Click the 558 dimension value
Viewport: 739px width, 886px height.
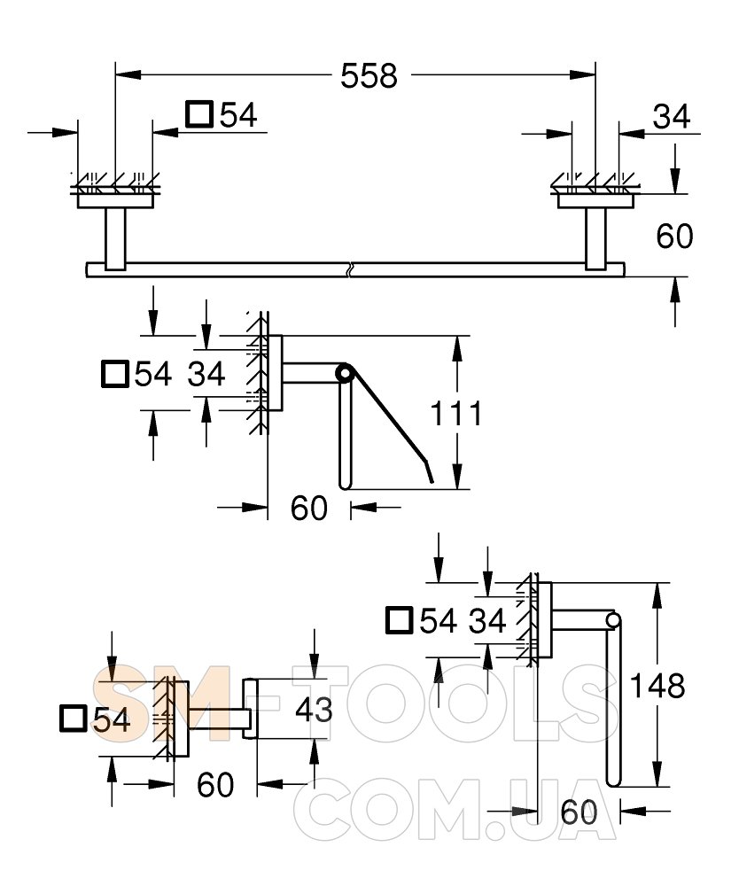point(369,76)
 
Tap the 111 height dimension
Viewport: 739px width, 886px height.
point(455,413)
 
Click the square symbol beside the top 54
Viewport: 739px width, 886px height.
point(198,114)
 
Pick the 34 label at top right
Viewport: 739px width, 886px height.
point(671,115)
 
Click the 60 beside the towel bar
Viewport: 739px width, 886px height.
point(674,236)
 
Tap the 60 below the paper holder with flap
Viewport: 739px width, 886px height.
point(309,509)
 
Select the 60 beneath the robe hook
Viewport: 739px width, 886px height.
point(214,784)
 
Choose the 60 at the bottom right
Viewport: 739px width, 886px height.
point(580,812)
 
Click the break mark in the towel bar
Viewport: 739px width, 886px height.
point(352,268)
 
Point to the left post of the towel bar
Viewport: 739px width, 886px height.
point(116,237)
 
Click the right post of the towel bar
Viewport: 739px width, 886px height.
point(595,237)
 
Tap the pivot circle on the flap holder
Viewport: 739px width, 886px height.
point(344,374)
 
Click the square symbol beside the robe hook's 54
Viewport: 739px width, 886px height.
point(74,720)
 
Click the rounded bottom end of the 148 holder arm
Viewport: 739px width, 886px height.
point(614,780)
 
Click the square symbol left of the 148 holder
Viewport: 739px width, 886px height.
point(401,621)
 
